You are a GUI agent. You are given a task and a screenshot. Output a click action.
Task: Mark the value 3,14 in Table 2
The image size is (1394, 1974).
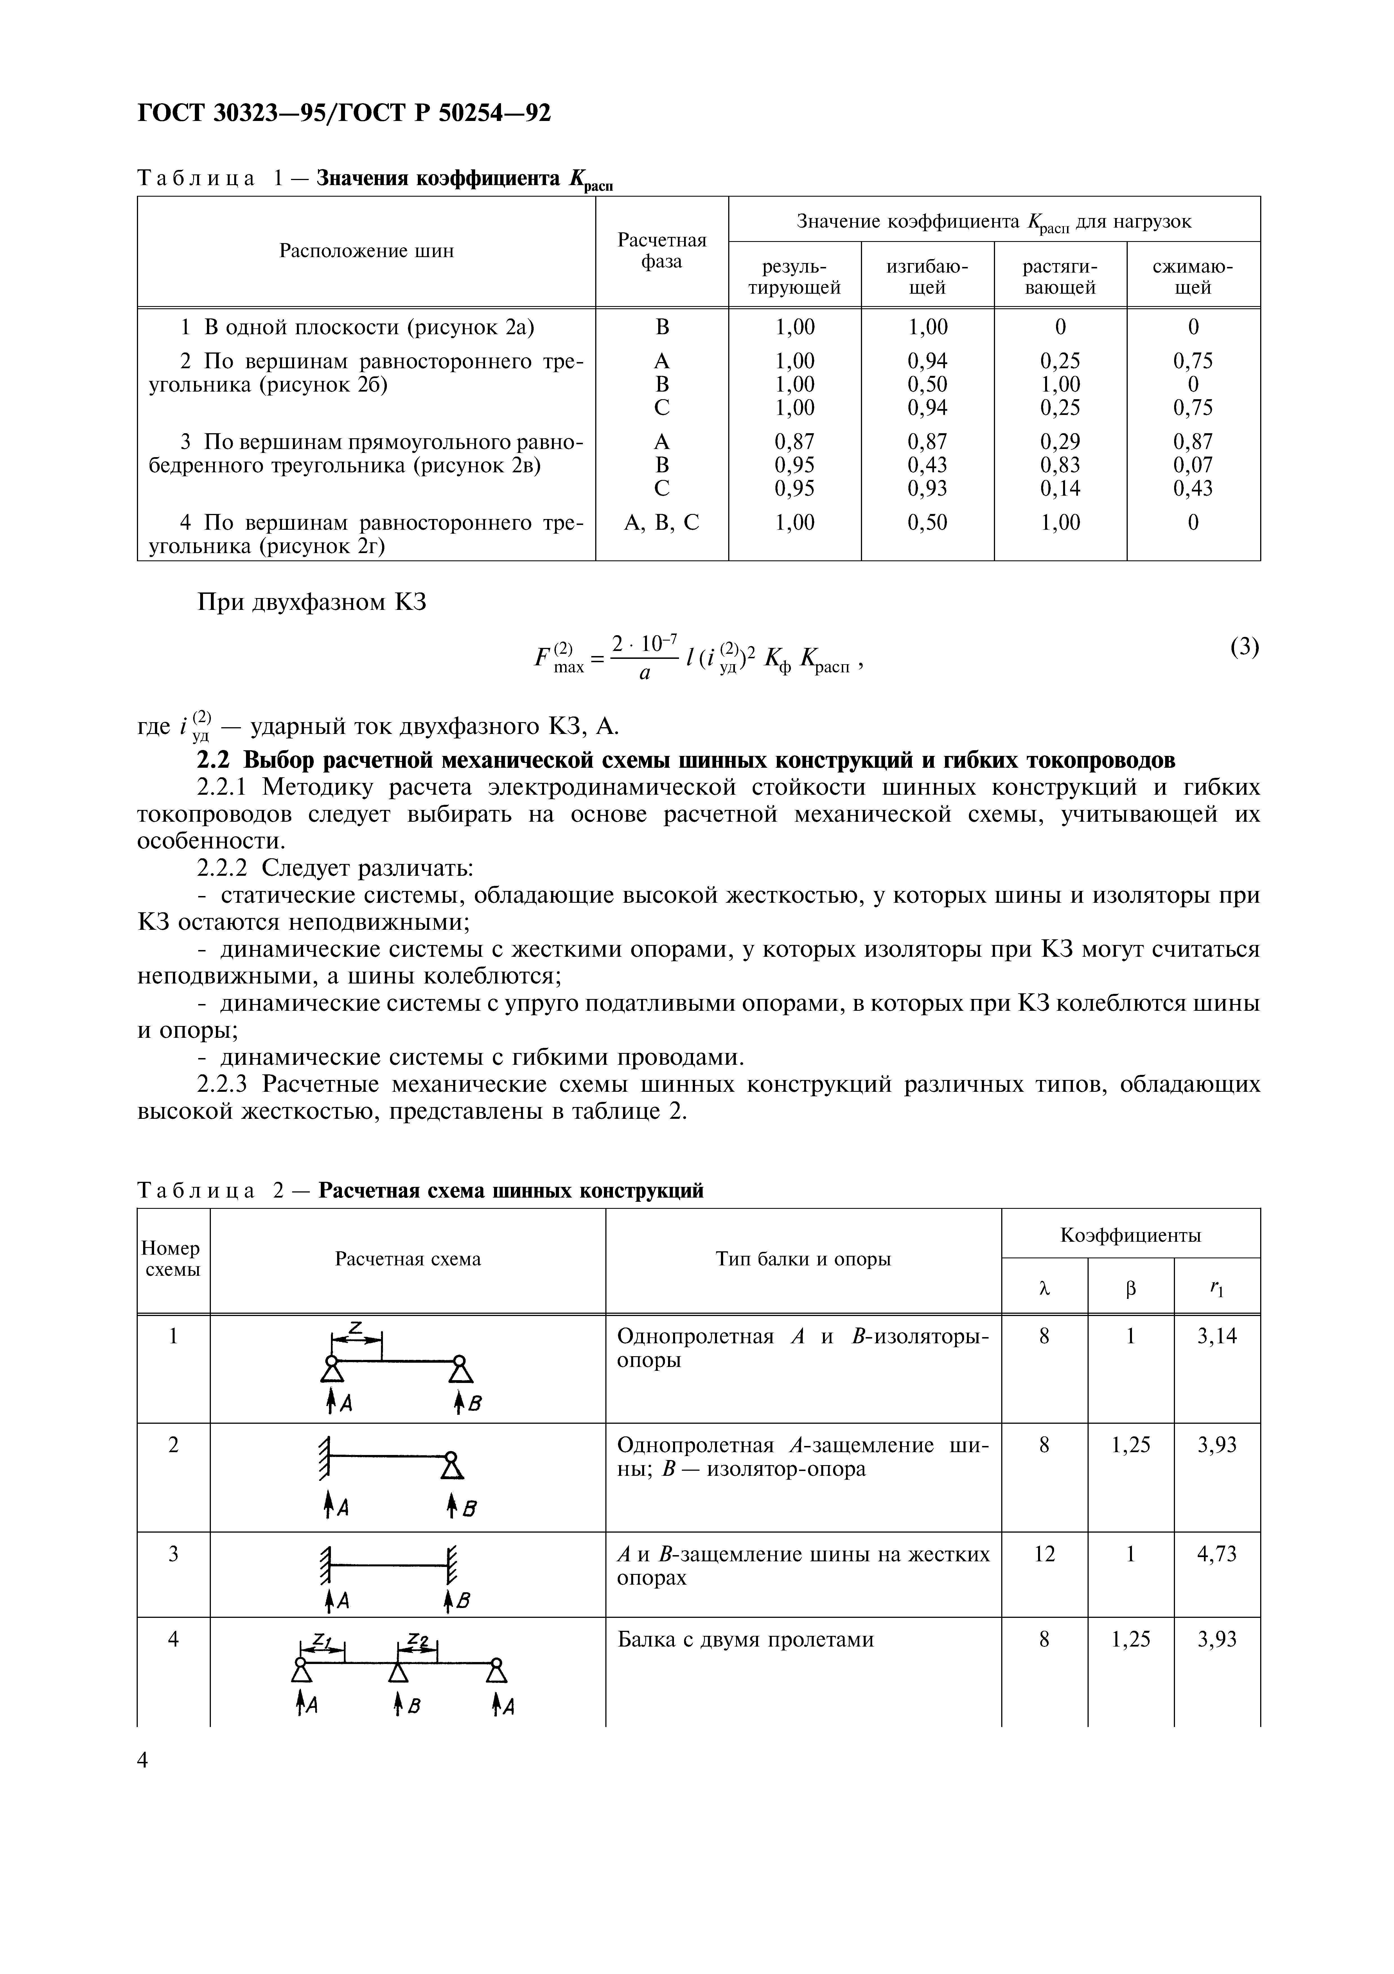pyautogui.click(x=1217, y=1336)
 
